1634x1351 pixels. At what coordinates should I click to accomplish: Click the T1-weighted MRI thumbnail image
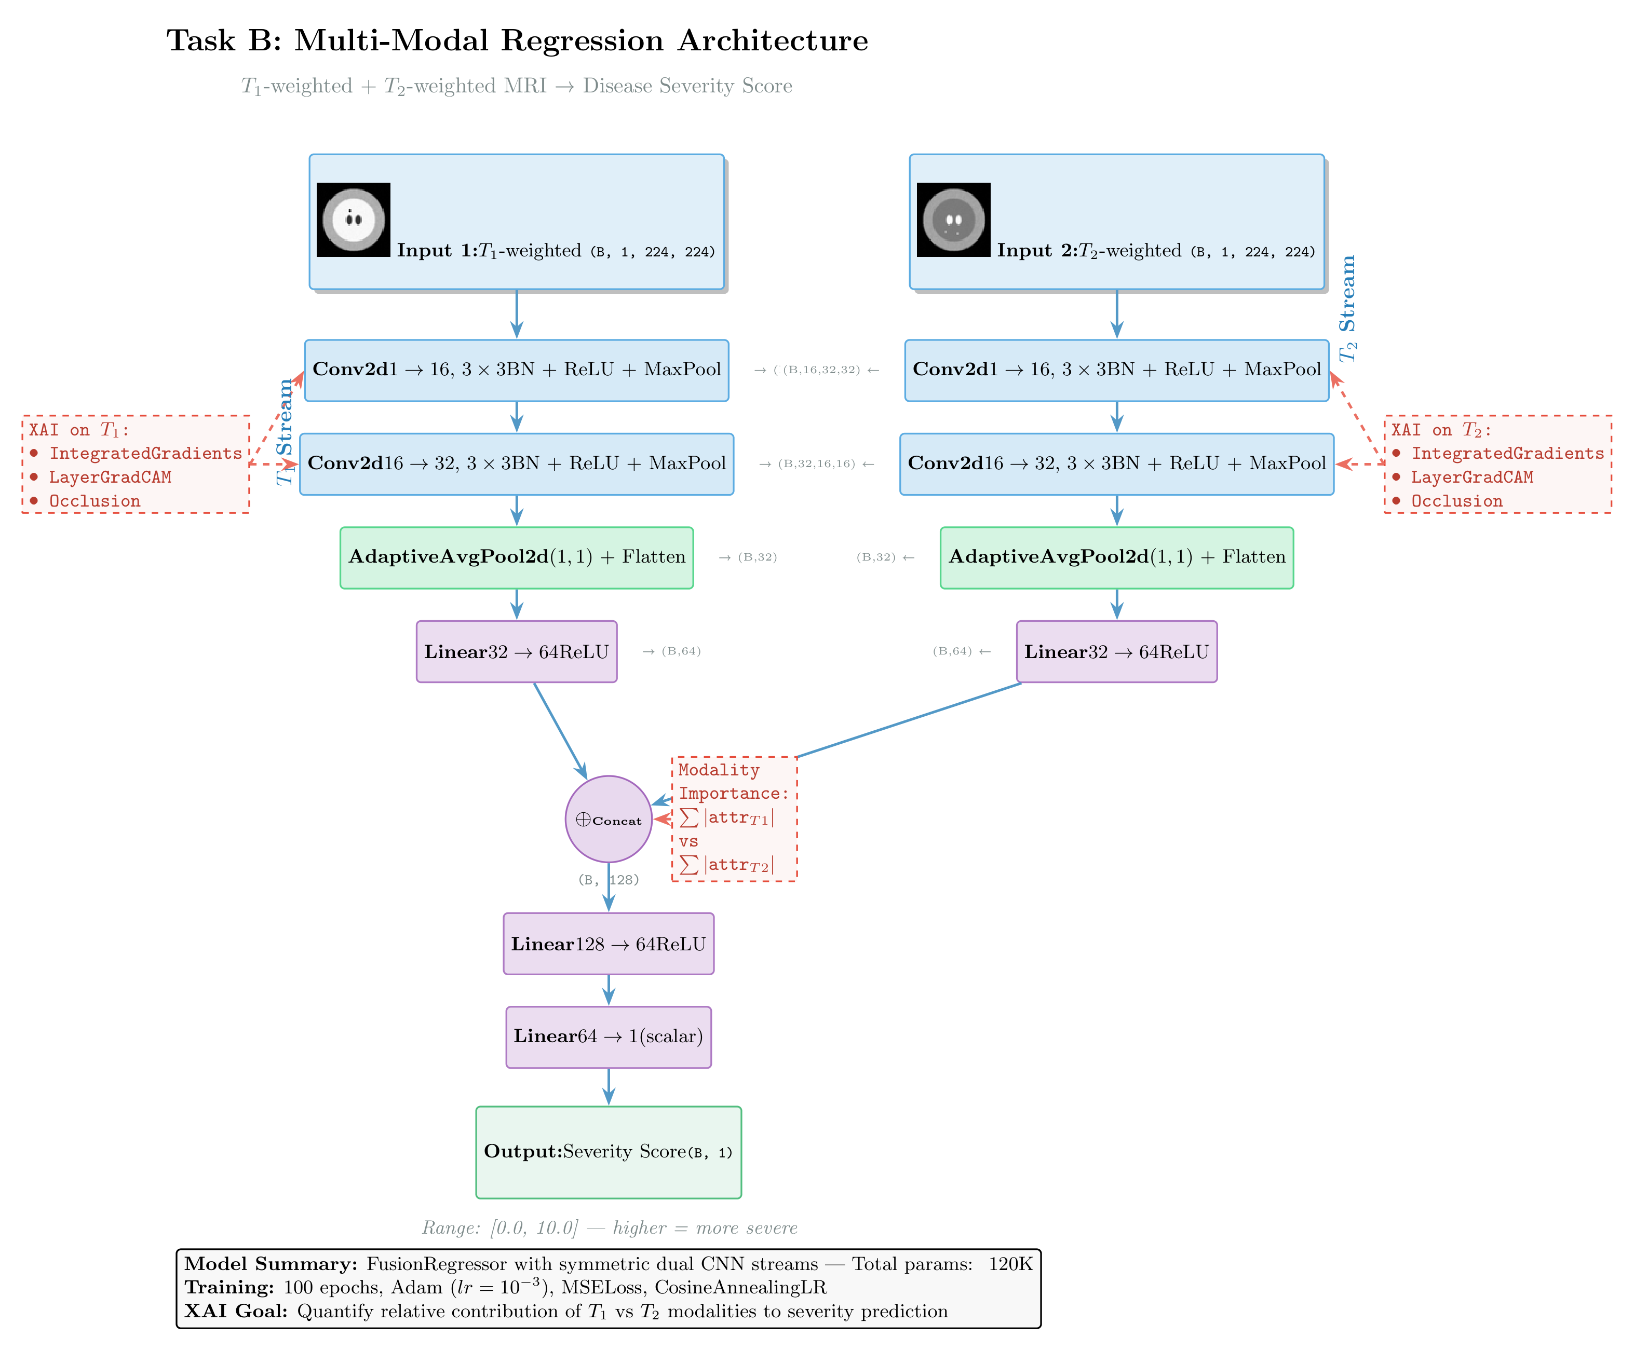(353, 220)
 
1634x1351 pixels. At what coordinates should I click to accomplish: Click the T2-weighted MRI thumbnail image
(953, 220)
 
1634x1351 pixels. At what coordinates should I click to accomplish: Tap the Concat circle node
(609, 819)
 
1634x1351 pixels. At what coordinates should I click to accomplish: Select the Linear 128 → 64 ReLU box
(609, 944)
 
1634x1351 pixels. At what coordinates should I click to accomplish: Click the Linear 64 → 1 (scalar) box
(609, 1037)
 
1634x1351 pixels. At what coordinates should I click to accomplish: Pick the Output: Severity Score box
(609, 1152)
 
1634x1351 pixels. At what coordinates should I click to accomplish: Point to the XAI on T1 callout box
(136, 465)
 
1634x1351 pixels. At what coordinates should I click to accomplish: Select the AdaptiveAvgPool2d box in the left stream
(517, 557)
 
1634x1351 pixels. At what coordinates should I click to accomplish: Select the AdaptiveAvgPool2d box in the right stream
(1116, 557)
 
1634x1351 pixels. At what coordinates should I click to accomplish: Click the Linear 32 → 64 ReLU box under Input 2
(1116, 652)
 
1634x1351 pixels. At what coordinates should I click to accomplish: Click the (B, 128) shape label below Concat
(609, 880)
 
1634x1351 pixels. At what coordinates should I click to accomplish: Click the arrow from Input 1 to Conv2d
(517, 314)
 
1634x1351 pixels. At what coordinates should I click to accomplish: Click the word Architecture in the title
(773, 40)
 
